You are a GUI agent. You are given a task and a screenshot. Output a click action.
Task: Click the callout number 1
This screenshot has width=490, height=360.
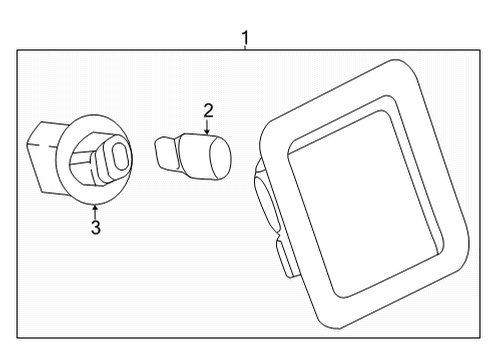245,39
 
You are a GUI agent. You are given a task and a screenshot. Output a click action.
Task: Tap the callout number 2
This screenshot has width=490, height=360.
208,111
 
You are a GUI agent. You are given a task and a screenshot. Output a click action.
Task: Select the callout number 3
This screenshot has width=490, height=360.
96,228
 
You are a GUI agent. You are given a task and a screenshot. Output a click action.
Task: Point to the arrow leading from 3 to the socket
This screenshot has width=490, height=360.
96,210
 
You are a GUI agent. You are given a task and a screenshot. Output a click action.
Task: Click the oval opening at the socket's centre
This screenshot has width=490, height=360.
118,156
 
